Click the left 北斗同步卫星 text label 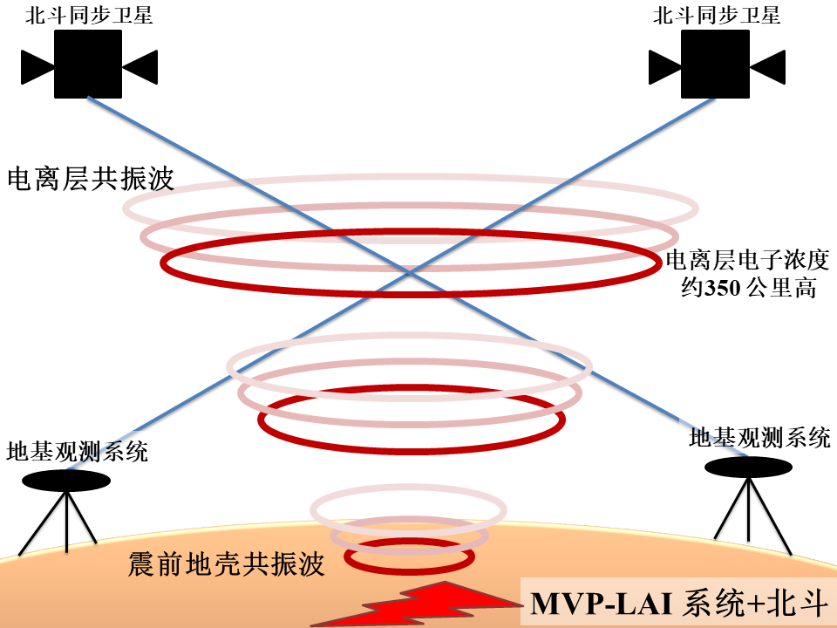(90, 16)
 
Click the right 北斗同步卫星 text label (717, 16)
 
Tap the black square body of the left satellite (88, 64)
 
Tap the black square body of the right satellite (715, 64)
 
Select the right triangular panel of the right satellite (767, 65)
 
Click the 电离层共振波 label (91, 179)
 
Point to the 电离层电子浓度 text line (747, 261)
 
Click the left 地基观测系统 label (77, 451)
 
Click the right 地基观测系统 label (759, 438)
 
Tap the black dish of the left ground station (66, 481)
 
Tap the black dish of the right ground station (749, 468)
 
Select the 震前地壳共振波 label (226, 564)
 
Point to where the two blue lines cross (409, 273)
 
